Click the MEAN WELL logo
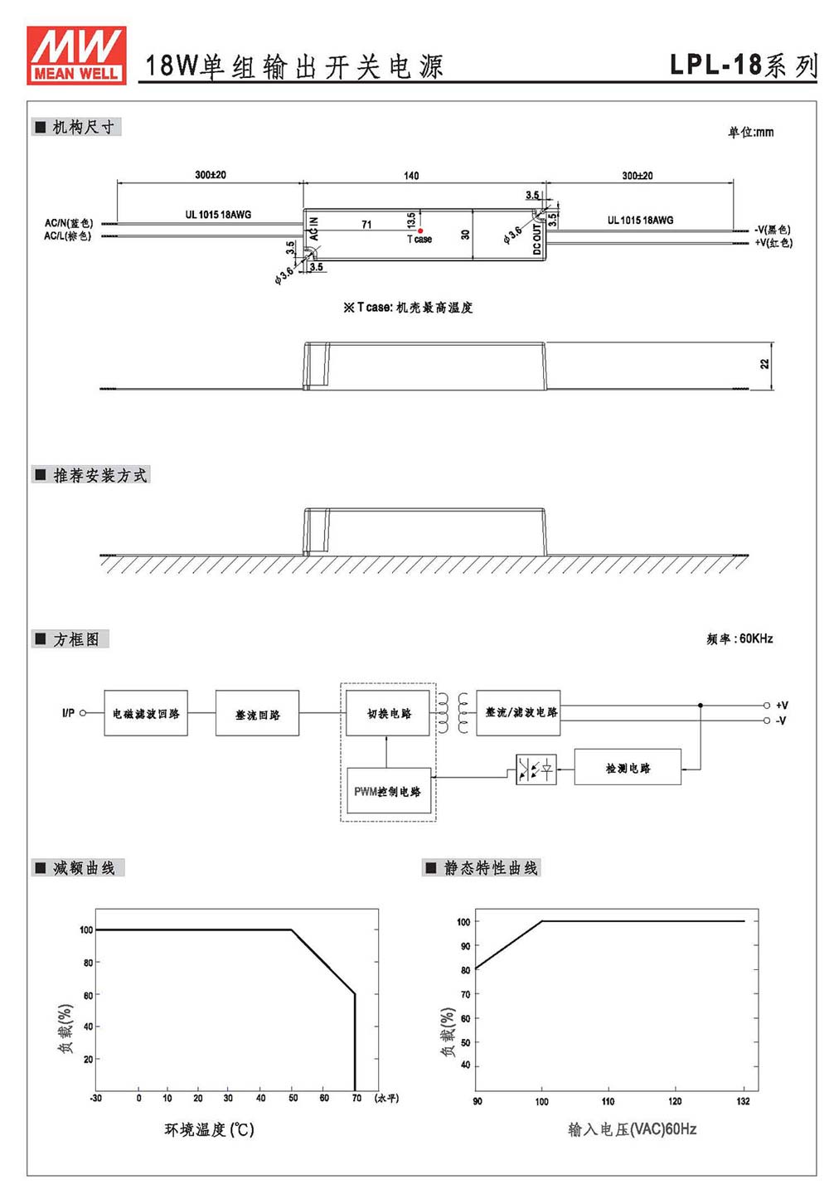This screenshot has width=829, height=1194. point(76,56)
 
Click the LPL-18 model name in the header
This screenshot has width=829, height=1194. point(715,65)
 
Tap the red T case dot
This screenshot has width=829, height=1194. point(419,231)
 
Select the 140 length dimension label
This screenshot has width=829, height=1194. point(411,176)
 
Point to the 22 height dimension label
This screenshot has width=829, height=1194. point(764,363)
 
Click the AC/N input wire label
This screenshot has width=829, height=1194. point(69,223)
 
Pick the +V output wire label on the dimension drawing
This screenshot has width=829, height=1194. point(773,242)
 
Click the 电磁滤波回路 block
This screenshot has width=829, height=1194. point(145,713)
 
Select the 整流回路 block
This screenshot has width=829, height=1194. point(257,713)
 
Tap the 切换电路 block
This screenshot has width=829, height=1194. point(387,713)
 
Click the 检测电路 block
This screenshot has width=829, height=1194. point(627,767)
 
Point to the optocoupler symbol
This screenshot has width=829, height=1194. point(536,769)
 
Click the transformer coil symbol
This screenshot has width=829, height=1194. point(453,712)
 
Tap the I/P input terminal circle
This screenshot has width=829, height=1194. point(83,713)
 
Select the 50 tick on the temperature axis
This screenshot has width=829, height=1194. point(293,1098)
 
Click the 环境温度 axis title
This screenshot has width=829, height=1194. point(195,1129)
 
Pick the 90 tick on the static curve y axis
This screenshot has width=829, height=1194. point(465,945)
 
